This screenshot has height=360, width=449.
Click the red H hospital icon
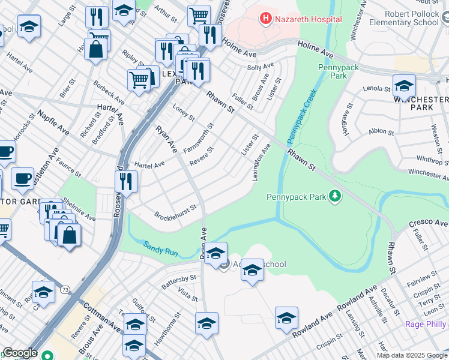tap(265, 19)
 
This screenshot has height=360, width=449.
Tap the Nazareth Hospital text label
tap(308, 19)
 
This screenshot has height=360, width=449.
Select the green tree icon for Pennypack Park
tap(336, 196)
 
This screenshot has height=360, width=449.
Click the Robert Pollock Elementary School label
tap(404, 17)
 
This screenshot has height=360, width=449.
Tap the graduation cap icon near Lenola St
tap(404, 86)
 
